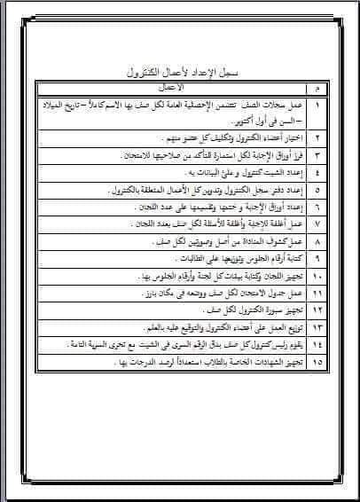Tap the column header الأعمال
168,89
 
